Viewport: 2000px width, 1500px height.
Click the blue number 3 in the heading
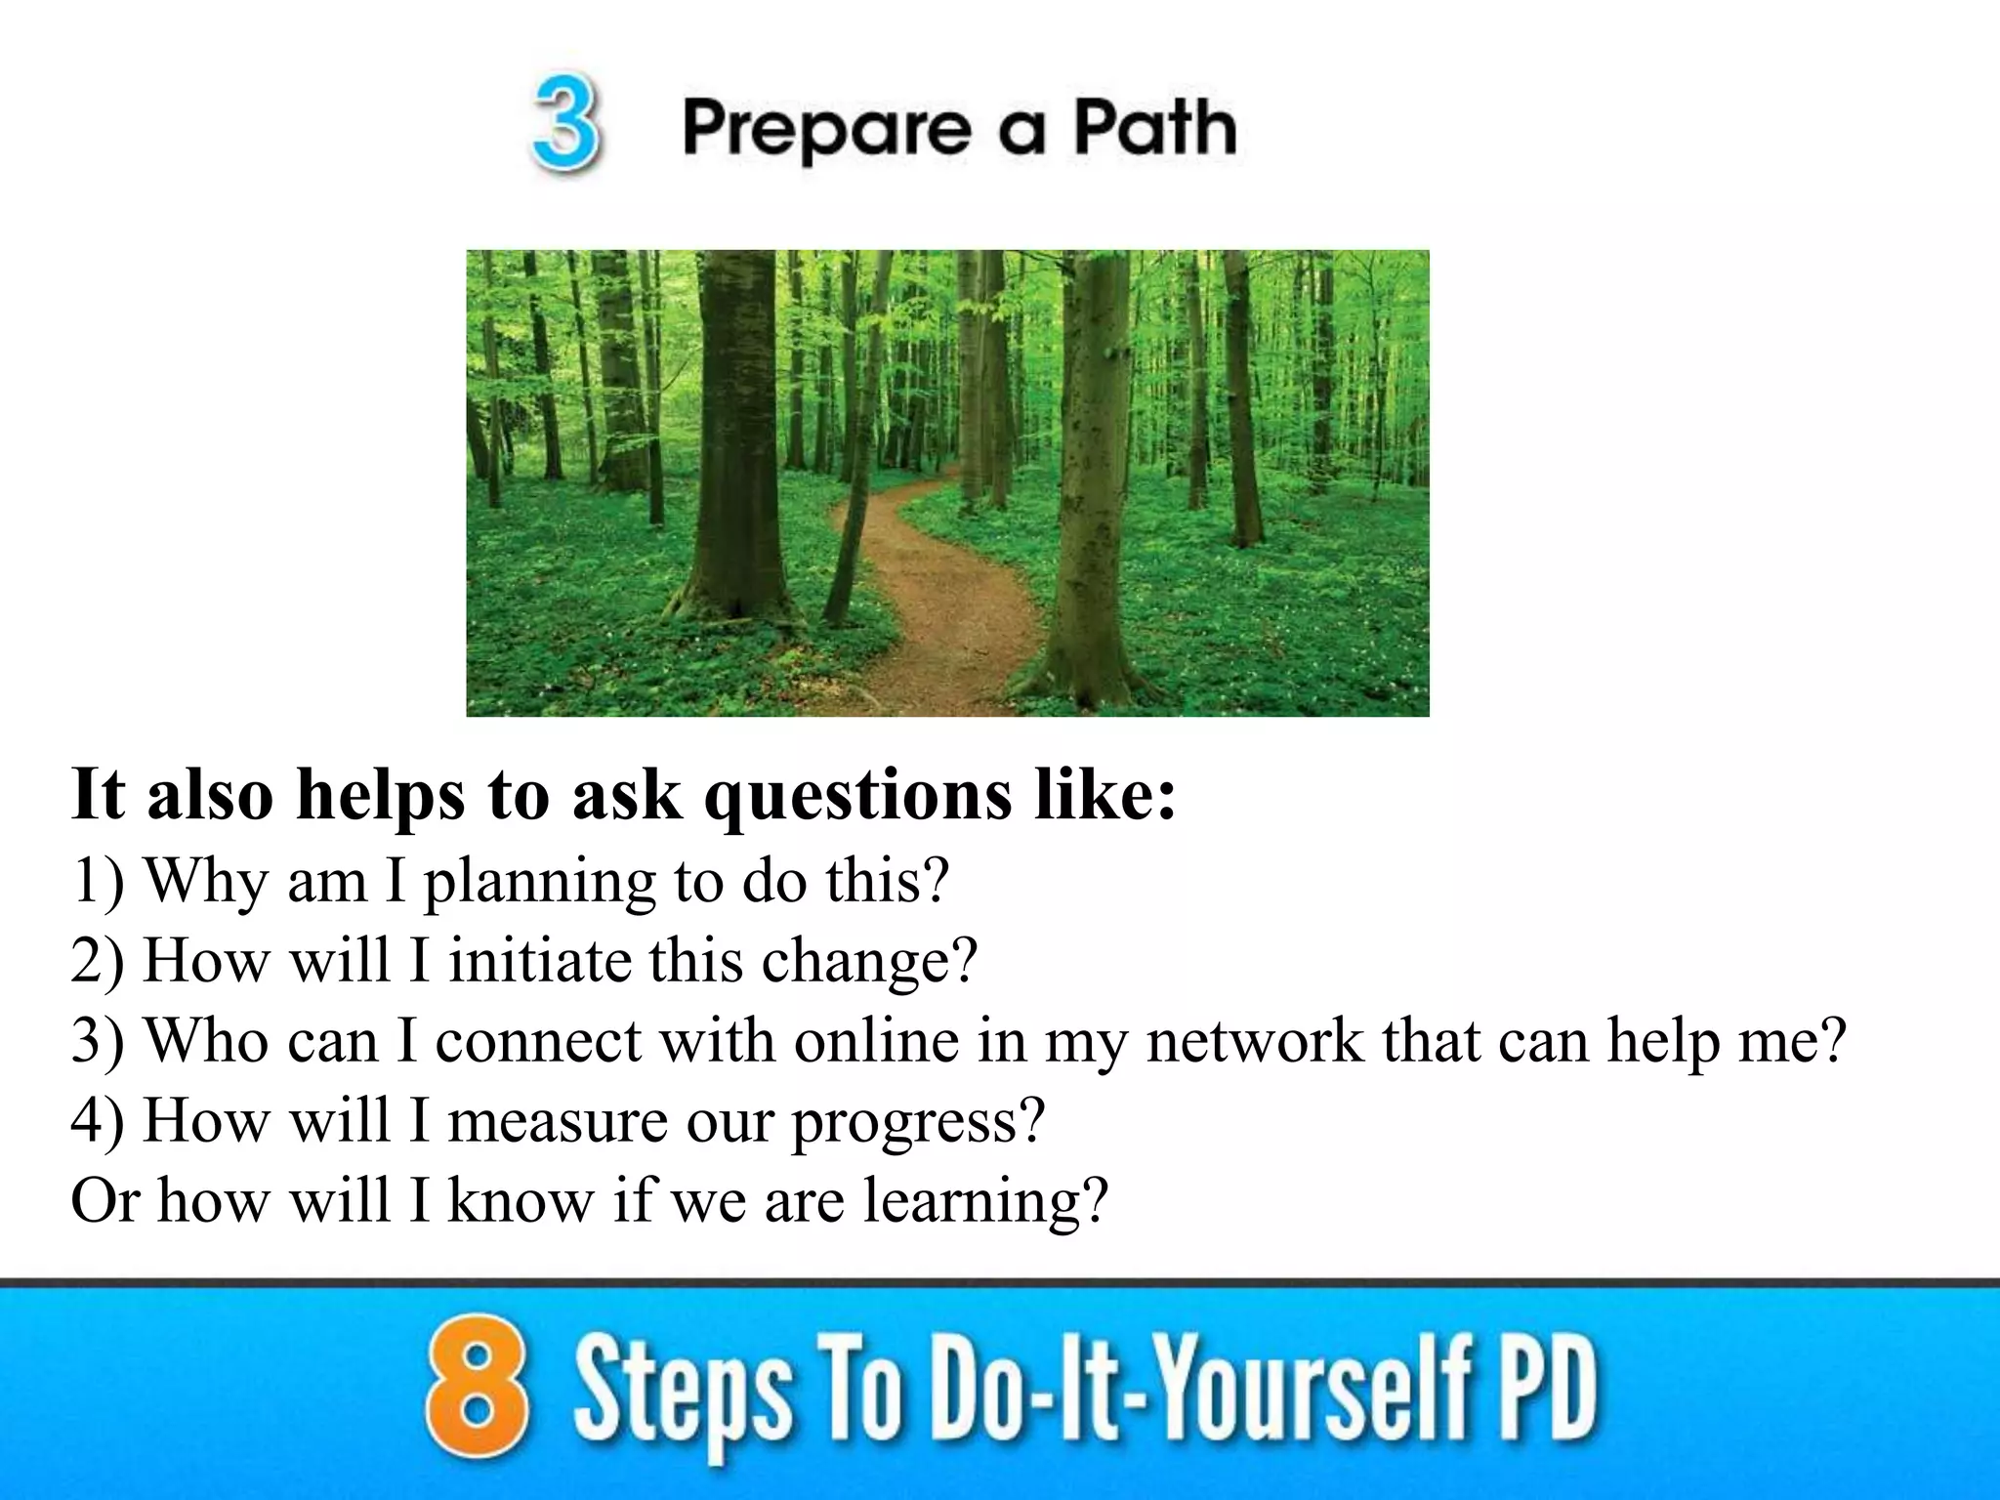click(565, 127)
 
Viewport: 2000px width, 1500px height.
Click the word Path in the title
click(1154, 129)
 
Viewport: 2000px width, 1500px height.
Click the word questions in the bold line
click(858, 796)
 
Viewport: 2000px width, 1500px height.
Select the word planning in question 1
click(539, 882)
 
